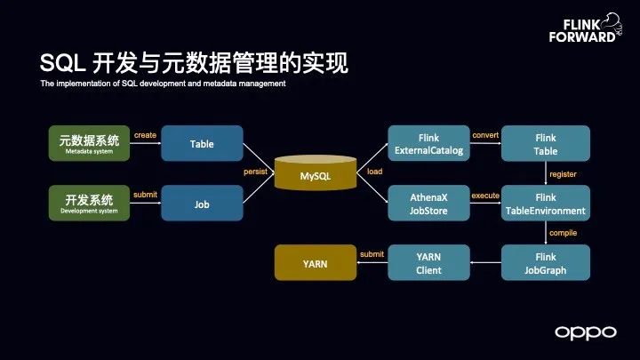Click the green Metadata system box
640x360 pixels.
click(x=88, y=143)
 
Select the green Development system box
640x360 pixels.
click(x=88, y=203)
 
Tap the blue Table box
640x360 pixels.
click(x=202, y=143)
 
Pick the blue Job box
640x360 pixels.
click(x=202, y=203)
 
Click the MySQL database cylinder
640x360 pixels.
click(x=315, y=174)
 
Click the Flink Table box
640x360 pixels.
click(x=546, y=143)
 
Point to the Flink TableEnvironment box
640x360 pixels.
click(x=546, y=203)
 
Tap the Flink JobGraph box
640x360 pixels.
click(x=546, y=262)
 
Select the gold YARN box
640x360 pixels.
click(x=315, y=263)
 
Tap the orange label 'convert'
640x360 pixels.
click(x=485, y=134)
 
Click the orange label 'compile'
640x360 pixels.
click(x=564, y=233)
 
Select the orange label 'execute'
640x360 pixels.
click(x=485, y=194)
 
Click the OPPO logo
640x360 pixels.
click(x=585, y=332)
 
